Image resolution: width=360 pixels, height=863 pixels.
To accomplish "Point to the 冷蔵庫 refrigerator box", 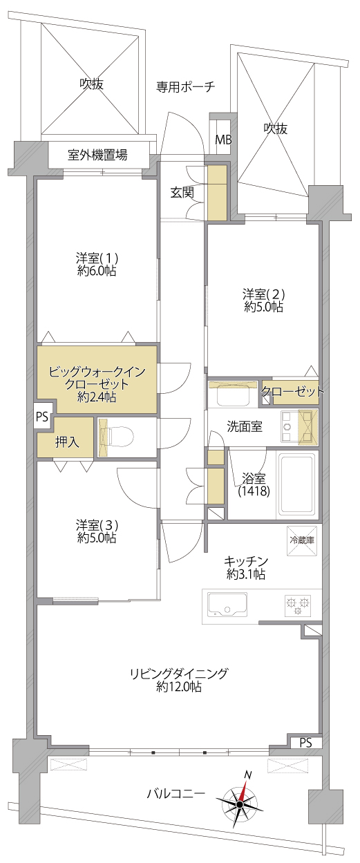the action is point(302,540).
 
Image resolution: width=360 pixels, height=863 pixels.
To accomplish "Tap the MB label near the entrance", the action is point(224,140).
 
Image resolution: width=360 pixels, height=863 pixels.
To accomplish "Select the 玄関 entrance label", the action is point(182,193).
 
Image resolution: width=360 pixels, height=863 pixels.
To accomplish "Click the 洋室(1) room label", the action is point(97,257).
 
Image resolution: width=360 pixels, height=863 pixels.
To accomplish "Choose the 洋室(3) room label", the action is point(97,524).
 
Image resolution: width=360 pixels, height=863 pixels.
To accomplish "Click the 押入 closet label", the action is point(67,442).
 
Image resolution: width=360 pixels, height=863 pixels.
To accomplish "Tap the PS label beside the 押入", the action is point(42,417).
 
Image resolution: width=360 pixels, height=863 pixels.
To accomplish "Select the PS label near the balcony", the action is point(305,742).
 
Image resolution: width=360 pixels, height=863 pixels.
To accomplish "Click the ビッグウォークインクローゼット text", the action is point(97,378).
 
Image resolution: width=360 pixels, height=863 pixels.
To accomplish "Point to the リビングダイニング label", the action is point(179,674).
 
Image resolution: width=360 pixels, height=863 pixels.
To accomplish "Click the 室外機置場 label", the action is point(97,155).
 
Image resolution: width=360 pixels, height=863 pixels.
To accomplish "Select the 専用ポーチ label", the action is point(185,86).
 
